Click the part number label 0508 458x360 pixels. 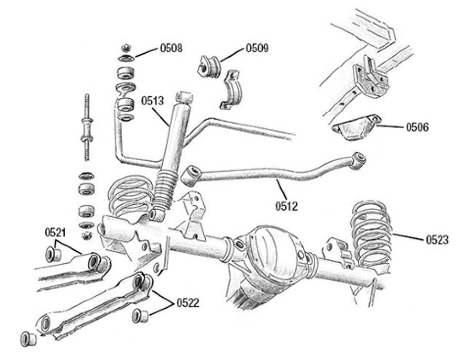point(171,48)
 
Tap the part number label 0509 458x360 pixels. point(257,48)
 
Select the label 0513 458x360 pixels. point(153,101)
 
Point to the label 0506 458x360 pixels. point(417,127)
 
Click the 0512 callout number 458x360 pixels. point(286,206)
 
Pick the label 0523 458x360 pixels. point(437,240)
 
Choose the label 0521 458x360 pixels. point(55,233)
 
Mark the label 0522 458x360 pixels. point(187,303)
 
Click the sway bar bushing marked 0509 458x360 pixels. point(209,66)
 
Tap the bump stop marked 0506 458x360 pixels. point(357,127)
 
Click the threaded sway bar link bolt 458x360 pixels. point(87,127)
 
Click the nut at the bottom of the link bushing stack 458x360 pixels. point(86,235)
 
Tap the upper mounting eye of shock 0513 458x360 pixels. point(185,97)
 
